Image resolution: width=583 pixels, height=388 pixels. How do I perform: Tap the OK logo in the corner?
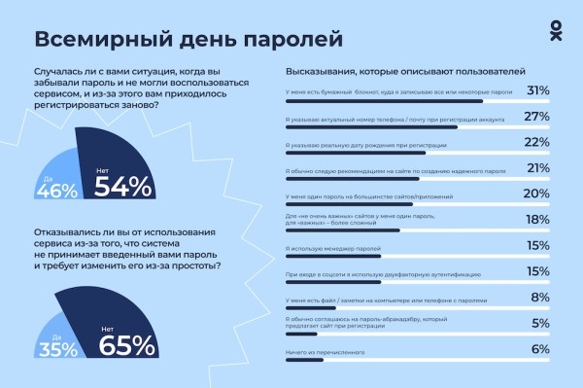(x=554, y=32)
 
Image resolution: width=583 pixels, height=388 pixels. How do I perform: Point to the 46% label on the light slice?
(x=56, y=190)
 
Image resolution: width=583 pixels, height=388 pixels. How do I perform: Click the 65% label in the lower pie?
(x=127, y=344)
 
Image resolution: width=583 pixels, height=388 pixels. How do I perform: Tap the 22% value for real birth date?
(x=537, y=143)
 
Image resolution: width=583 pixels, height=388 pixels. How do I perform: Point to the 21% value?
(x=537, y=169)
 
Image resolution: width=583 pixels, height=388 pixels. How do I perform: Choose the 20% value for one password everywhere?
(x=537, y=194)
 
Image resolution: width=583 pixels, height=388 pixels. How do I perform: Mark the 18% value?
(x=537, y=221)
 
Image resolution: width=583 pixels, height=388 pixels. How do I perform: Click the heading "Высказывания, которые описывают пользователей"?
(x=405, y=71)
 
